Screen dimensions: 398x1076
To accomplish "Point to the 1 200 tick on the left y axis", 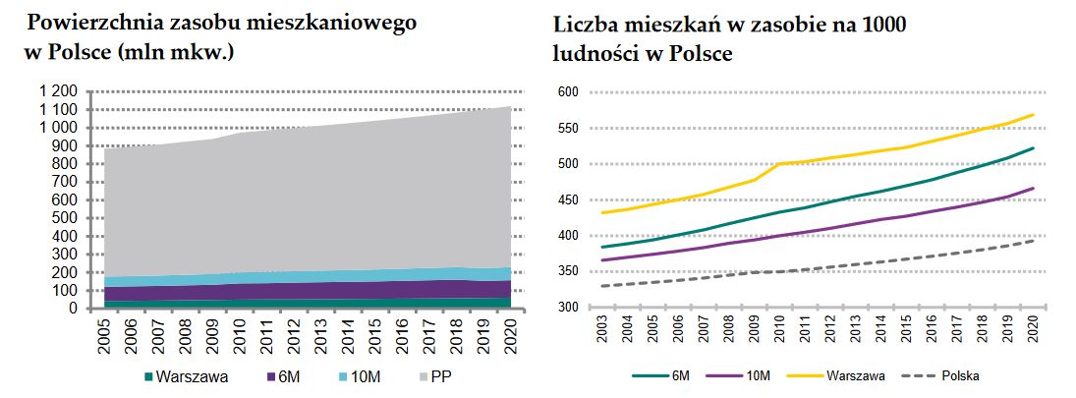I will pyautogui.click(x=57, y=92).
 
